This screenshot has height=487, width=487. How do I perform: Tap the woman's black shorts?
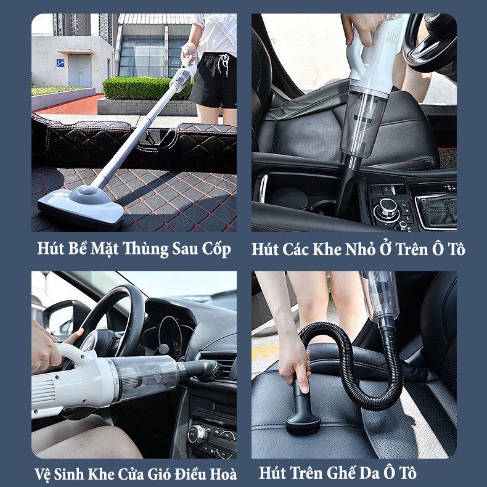[213, 80]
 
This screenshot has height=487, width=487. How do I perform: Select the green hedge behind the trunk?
[139, 88]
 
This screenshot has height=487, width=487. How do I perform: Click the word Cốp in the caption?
[217, 249]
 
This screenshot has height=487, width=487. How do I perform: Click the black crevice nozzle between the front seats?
[348, 179]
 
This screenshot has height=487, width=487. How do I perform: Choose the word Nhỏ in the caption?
[359, 249]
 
